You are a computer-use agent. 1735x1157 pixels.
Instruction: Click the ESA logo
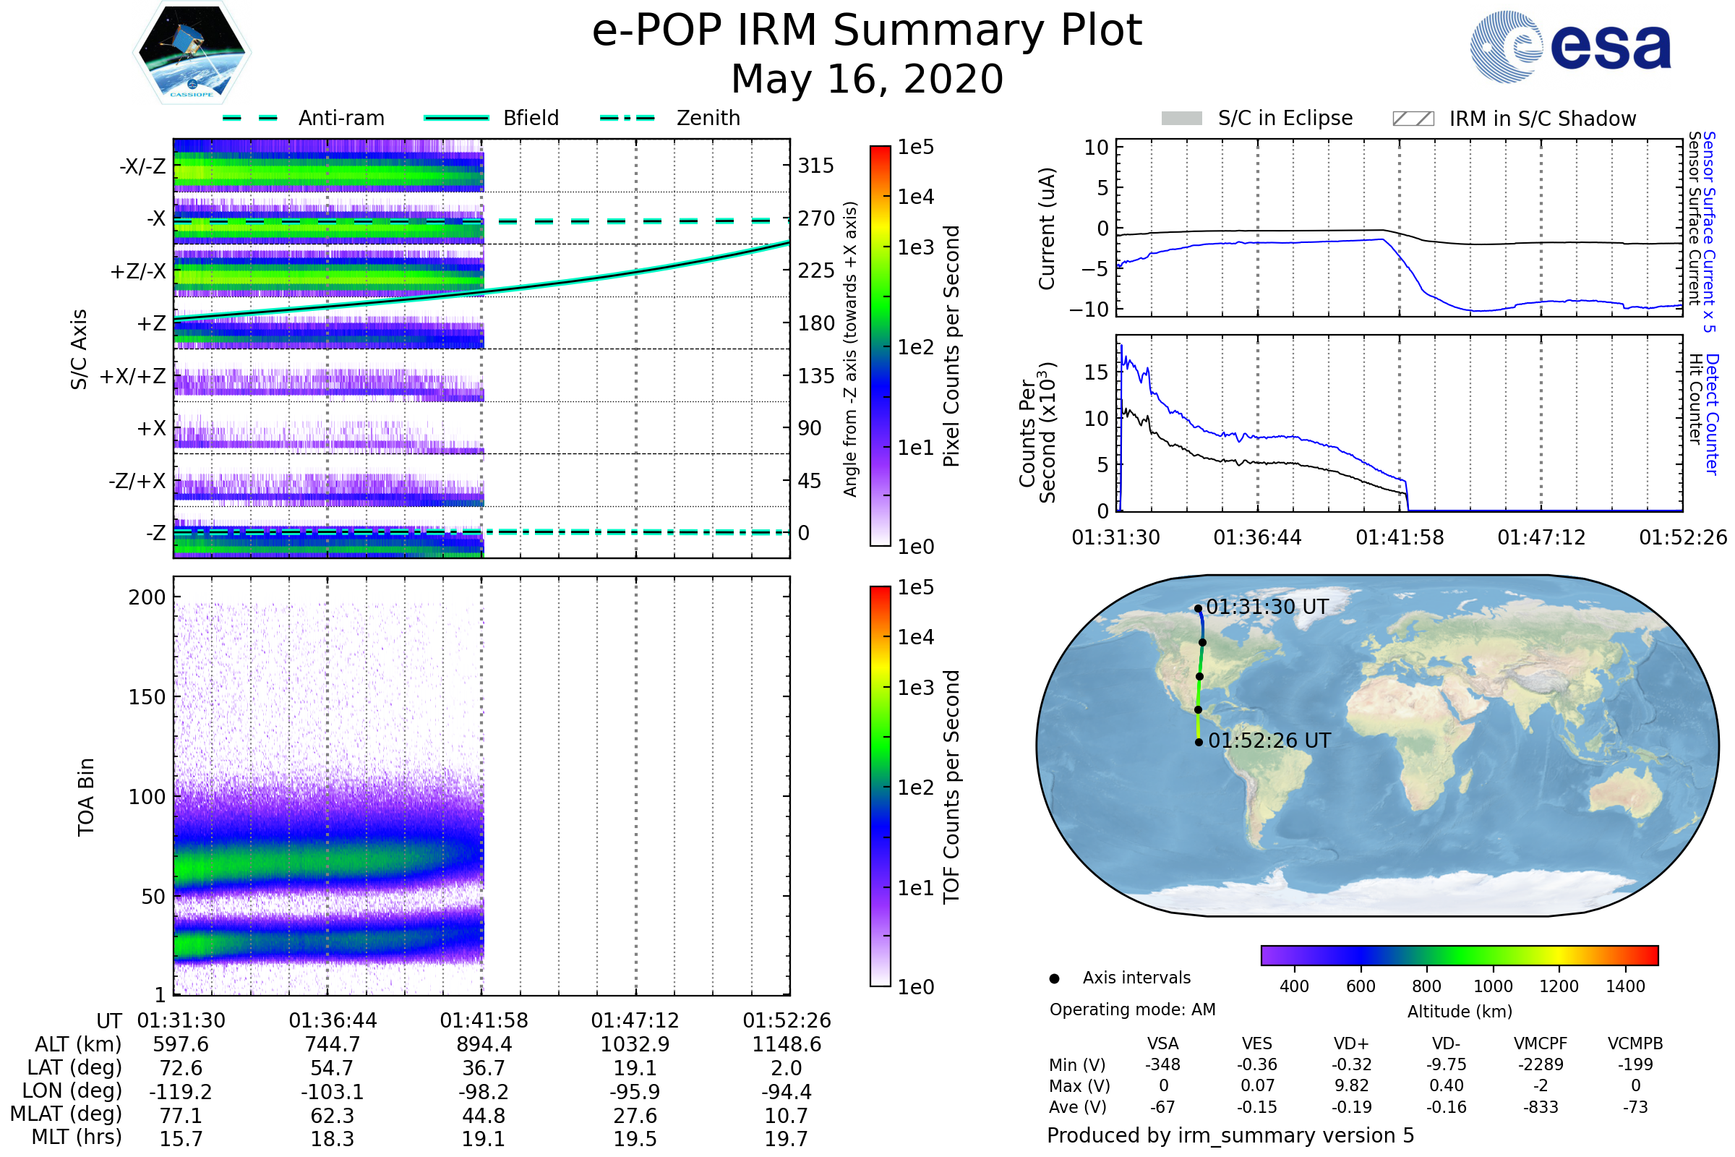pyautogui.click(x=1570, y=46)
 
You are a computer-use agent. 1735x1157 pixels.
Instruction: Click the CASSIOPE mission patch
pyautogui.click(x=192, y=52)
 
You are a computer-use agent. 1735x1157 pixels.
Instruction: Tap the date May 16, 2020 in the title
pyautogui.click(x=867, y=79)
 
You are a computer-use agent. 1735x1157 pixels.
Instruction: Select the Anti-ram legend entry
pyautogui.click(x=303, y=118)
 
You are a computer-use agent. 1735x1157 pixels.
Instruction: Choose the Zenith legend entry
pyautogui.click(x=670, y=118)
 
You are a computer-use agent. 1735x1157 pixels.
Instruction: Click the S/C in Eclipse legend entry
pyautogui.click(x=1256, y=118)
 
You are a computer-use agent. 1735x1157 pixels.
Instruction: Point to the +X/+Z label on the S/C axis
pyautogui.click(x=133, y=376)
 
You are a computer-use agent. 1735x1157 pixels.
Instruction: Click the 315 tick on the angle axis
pyautogui.click(x=816, y=166)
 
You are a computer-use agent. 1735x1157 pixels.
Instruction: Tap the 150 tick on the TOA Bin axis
pyautogui.click(x=147, y=696)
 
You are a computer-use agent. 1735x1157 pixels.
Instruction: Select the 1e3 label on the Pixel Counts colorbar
pyautogui.click(x=915, y=247)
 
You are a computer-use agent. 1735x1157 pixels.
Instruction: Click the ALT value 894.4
pyautogui.click(x=483, y=1044)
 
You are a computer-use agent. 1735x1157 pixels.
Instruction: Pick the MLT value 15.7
pyautogui.click(x=181, y=1138)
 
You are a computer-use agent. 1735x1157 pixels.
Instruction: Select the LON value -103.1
pyautogui.click(x=332, y=1091)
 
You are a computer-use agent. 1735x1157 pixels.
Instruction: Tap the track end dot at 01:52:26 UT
pyautogui.click(x=1199, y=743)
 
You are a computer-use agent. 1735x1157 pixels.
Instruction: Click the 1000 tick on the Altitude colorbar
pyautogui.click(x=1493, y=986)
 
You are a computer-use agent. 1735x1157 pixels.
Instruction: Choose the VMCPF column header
pyautogui.click(x=1541, y=1043)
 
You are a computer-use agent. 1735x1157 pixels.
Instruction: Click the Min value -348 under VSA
pyautogui.click(x=1162, y=1064)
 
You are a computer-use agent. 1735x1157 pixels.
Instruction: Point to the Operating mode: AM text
pyautogui.click(x=1132, y=1009)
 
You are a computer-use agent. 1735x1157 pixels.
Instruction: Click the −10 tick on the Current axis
pyautogui.click(x=1089, y=309)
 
